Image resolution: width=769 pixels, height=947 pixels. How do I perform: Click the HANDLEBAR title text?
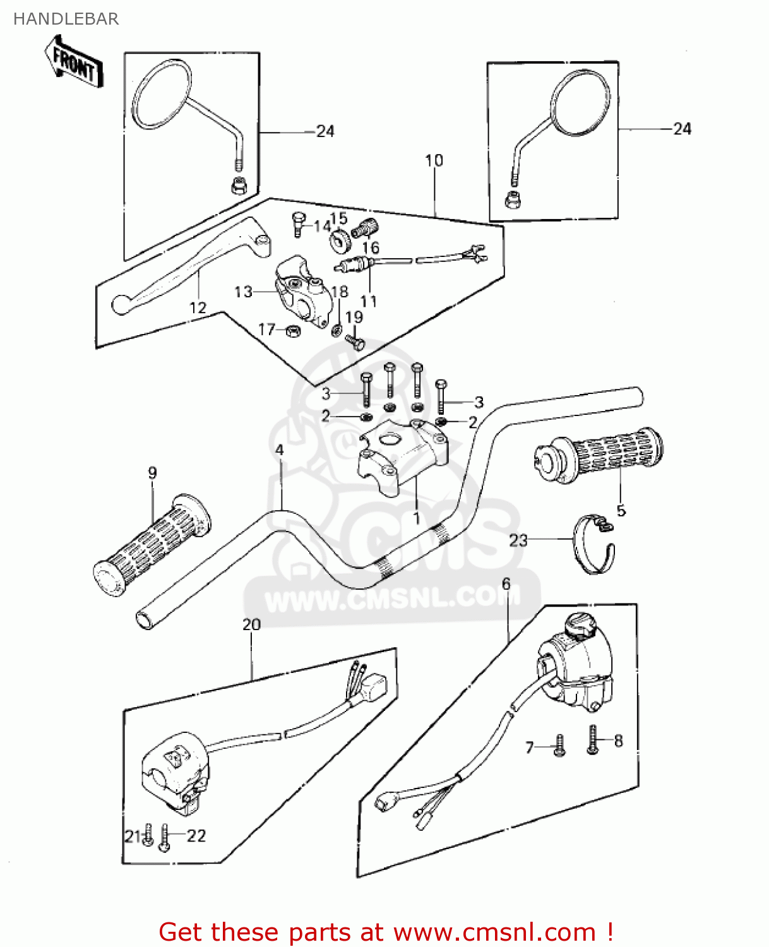(x=66, y=19)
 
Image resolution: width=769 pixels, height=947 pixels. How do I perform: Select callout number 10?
(x=434, y=160)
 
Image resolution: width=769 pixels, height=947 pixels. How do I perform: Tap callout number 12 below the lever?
(x=198, y=307)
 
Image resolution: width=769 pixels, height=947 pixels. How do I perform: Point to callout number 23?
(x=518, y=540)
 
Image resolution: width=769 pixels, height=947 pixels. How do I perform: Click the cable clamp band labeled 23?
(x=594, y=547)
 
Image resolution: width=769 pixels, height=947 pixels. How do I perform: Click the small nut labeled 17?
(x=294, y=330)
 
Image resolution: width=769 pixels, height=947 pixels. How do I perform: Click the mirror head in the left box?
(x=162, y=94)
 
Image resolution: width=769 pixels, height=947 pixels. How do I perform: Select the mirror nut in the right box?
(x=512, y=200)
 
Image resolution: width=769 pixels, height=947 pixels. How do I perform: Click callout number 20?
(x=251, y=624)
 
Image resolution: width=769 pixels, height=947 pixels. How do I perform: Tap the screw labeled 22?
(x=164, y=838)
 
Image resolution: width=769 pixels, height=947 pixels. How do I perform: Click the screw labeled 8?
(x=593, y=741)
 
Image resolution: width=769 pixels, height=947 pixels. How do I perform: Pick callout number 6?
(x=506, y=584)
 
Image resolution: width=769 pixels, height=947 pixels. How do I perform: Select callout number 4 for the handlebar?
(x=279, y=450)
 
